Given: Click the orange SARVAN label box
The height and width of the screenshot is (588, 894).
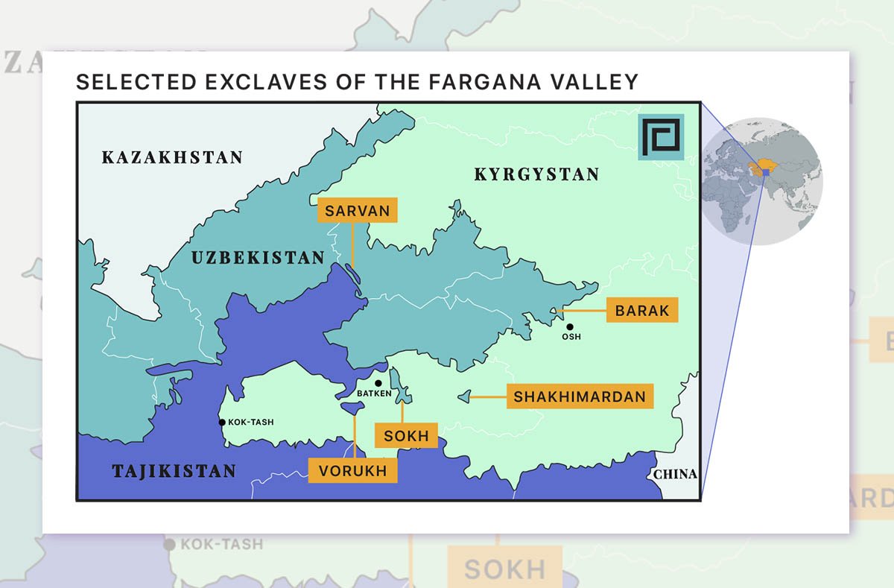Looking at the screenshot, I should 358,210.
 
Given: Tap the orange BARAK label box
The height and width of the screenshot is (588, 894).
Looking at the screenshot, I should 642,310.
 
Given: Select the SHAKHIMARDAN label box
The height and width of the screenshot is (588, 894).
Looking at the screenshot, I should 580,396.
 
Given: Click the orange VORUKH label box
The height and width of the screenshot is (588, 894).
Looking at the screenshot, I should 353,471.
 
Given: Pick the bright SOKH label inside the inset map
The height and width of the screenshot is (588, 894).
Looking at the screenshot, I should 407,435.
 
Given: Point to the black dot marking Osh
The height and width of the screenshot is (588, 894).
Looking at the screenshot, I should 570,326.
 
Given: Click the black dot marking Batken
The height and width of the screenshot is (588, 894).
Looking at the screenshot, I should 378,383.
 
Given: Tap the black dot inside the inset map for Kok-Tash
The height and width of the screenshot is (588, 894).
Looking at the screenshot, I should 222,423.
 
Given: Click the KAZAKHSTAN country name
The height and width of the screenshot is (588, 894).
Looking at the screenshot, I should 172,157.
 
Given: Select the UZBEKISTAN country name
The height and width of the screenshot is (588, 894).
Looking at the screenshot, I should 258,258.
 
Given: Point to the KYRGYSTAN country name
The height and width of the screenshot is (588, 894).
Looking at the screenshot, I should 536,175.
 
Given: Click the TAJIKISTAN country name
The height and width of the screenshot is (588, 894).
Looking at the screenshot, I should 174,471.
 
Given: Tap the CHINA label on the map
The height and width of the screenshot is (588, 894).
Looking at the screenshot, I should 675,474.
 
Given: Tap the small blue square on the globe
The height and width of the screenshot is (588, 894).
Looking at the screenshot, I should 765,172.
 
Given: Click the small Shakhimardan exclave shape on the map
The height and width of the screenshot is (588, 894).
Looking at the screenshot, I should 464,397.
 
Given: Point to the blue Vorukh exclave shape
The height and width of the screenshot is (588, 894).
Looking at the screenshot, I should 352,408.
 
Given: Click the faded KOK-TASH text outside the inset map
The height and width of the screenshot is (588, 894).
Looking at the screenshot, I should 221,545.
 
